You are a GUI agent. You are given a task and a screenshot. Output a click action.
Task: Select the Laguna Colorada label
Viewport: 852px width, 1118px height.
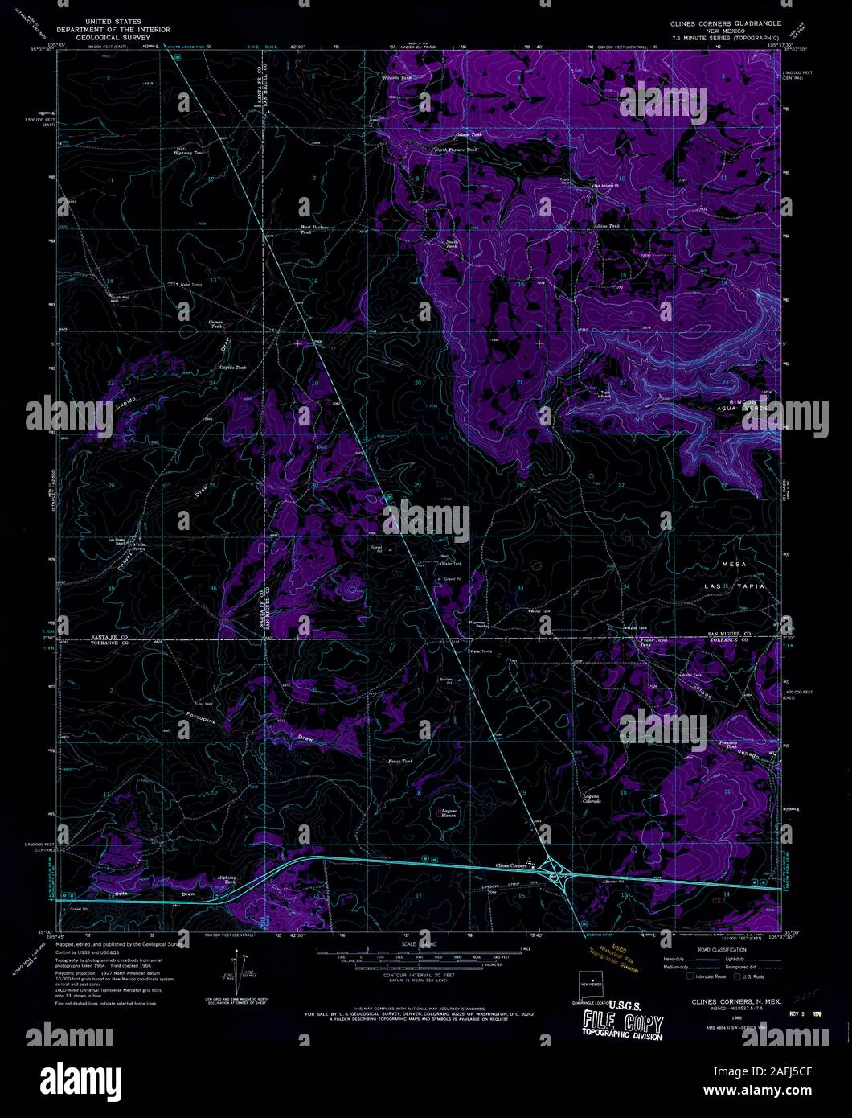pos(592,799)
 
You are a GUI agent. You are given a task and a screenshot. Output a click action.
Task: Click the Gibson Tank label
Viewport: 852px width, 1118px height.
pos(467,134)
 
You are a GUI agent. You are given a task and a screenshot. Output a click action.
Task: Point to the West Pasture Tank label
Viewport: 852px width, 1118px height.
pos(317,229)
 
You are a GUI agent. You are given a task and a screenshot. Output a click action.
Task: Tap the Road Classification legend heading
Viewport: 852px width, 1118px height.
pos(722,950)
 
